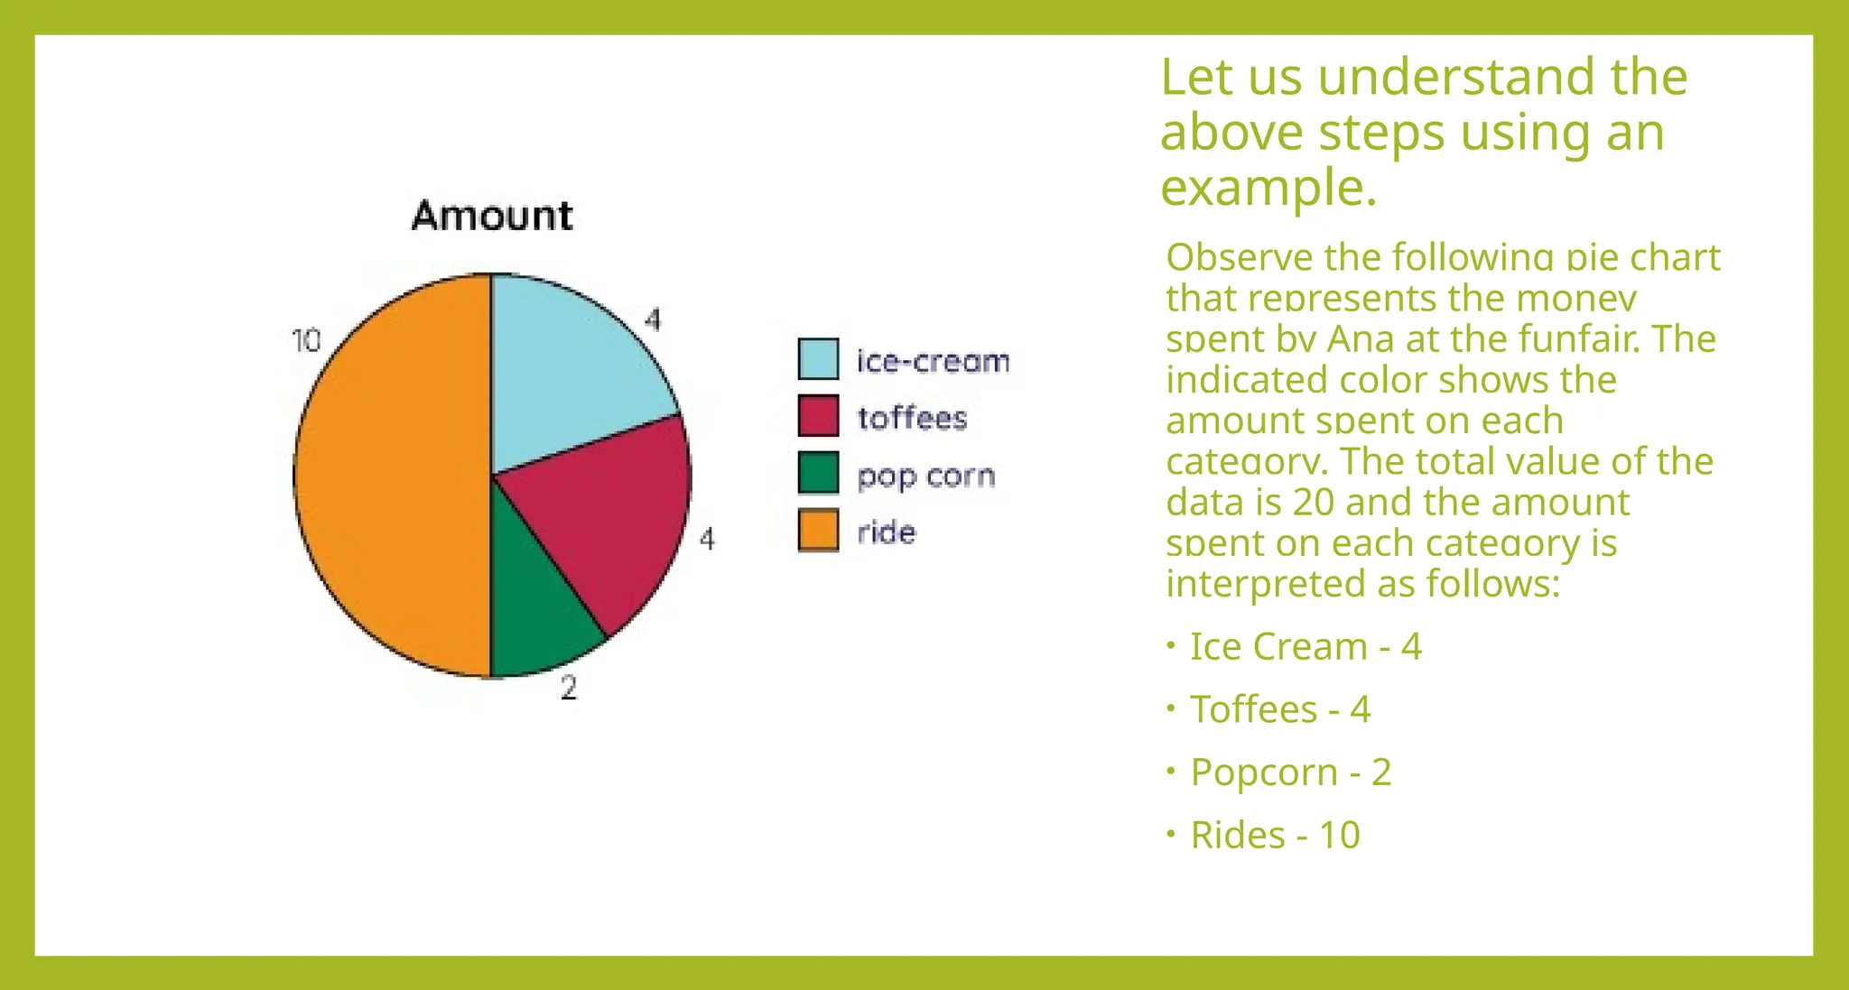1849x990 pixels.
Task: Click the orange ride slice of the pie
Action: (393, 474)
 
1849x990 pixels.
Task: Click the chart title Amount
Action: (492, 217)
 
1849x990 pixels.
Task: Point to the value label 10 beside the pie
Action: (307, 341)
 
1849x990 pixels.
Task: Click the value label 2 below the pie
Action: (568, 689)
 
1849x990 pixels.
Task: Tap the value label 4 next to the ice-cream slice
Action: (653, 319)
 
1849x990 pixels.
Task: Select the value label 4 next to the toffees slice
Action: (707, 540)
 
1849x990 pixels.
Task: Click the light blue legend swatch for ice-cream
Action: (818, 359)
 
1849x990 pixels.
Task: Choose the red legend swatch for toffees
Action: (818, 416)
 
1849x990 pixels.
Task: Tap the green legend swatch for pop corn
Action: (818, 473)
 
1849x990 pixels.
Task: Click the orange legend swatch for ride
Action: (818, 531)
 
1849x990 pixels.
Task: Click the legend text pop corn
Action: (925, 476)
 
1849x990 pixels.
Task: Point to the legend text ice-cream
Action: (933, 361)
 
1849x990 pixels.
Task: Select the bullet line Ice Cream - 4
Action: (1305, 646)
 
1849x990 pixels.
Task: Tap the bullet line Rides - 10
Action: (1275, 835)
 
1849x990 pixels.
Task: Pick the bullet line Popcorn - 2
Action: (1291, 772)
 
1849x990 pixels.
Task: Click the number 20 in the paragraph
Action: (1313, 502)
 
